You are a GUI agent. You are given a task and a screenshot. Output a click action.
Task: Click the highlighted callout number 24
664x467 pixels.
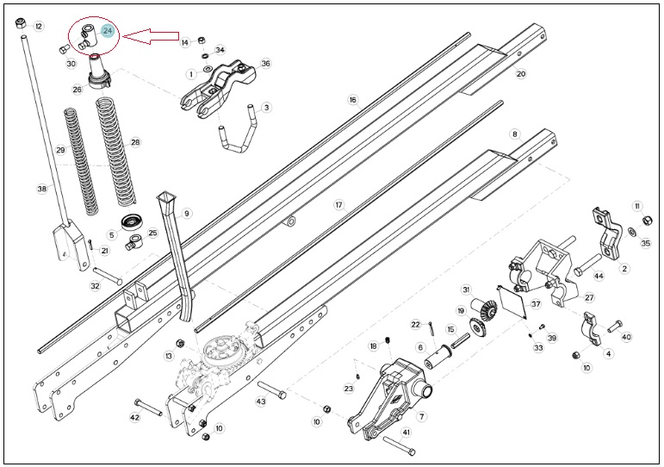click(x=108, y=31)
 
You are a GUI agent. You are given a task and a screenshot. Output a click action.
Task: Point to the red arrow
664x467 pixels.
click(x=151, y=36)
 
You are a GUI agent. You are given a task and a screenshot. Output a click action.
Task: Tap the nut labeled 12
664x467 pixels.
click(x=21, y=23)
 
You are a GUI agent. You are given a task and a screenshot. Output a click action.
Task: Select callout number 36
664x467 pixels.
click(x=265, y=64)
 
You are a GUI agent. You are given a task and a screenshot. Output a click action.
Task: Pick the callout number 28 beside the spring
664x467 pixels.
click(x=135, y=142)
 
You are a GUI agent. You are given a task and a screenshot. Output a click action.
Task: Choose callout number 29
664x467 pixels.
click(x=60, y=150)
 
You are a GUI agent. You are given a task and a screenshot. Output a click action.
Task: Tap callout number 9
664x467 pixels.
click(x=186, y=213)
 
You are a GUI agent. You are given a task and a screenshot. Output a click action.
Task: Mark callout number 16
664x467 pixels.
click(x=353, y=100)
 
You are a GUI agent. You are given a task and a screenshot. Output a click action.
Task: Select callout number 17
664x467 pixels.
click(x=338, y=205)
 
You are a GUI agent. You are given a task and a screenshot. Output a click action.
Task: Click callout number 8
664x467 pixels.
click(x=514, y=134)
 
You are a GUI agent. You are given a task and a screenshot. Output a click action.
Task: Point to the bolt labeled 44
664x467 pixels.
click(x=587, y=265)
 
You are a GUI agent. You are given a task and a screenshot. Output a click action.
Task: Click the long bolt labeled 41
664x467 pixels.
click(x=399, y=445)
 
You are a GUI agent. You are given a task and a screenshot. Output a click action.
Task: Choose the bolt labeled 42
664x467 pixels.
click(x=148, y=408)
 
